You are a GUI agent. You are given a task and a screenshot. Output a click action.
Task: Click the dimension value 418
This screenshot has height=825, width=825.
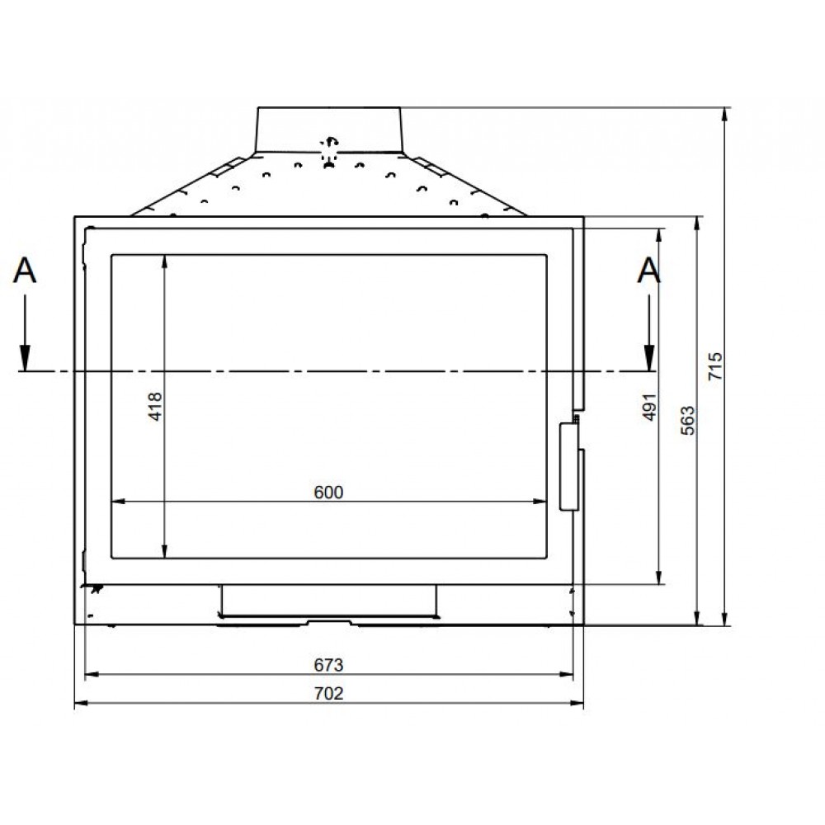click(x=156, y=406)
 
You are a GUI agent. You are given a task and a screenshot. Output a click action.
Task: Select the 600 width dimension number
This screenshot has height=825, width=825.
click(x=328, y=492)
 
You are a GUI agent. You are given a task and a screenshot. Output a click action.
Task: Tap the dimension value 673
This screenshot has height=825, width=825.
click(x=328, y=665)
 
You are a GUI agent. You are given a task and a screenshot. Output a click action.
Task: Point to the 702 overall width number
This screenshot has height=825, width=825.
click(x=328, y=694)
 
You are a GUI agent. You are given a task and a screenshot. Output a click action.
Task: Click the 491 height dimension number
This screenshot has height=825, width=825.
click(x=650, y=407)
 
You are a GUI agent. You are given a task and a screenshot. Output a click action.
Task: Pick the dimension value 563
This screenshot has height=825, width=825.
click(x=688, y=421)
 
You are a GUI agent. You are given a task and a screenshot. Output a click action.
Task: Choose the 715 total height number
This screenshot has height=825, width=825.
click(x=715, y=366)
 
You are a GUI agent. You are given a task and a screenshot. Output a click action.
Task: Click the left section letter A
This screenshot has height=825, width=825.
click(x=25, y=271)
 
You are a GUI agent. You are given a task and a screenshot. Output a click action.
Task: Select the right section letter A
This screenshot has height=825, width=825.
click(x=648, y=271)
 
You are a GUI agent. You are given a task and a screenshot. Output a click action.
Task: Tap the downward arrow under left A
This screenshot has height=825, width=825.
click(x=25, y=332)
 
